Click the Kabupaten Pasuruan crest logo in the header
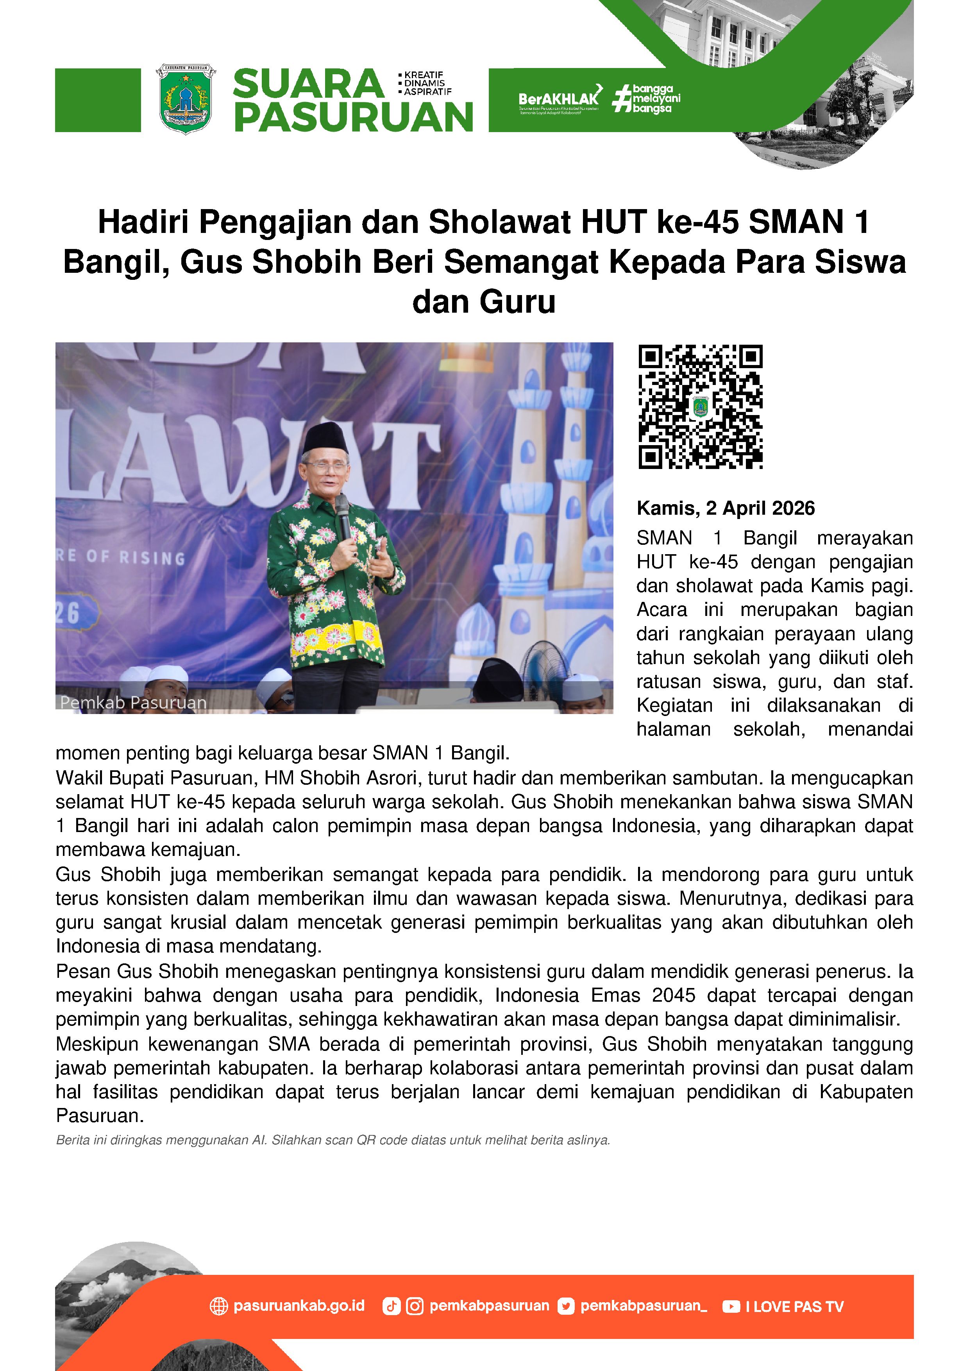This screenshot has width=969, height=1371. (x=185, y=99)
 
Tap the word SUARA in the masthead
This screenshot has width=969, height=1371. (x=308, y=84)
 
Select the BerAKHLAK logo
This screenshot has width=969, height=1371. (x=559, y=98)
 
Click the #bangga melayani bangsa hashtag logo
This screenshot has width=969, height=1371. (x=647, y=98)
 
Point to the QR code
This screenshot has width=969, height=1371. (x=700, y=406)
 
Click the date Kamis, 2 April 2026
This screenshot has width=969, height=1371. (x=726, y=508)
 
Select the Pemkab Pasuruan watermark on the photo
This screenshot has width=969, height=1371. (x=133, y=703)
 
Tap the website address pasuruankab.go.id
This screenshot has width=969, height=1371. (x=299, y=1306)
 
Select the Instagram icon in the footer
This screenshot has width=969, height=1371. (x=414, y=1307)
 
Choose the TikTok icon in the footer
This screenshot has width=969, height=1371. (x=391, y=1307)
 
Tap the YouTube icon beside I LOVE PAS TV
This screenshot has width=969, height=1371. (x=731, y=1307)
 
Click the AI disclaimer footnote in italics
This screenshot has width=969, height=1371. (x=333, y=1140)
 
